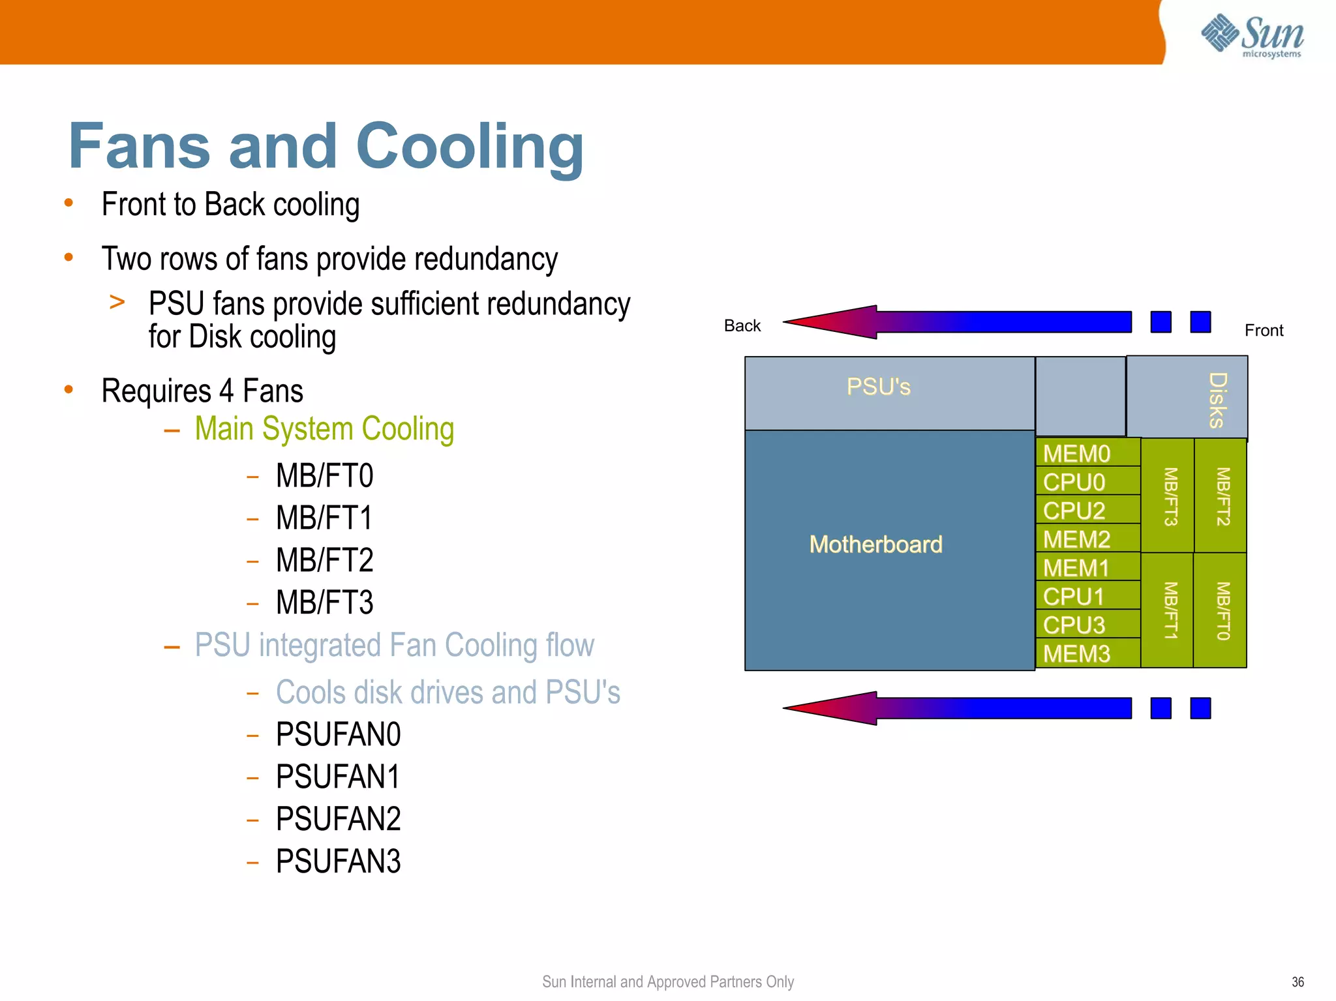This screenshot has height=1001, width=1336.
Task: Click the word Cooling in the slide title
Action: point(470,147)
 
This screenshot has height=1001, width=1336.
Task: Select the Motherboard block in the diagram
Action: point(876,544)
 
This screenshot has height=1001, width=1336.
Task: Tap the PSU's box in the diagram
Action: point(878,387)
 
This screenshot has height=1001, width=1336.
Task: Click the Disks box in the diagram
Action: point(1187,397)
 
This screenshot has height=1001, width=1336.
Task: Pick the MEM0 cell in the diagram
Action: point(1087,453)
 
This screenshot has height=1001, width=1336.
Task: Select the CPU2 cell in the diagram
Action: point(1087,511)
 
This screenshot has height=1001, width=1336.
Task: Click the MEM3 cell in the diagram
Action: point(1087,653)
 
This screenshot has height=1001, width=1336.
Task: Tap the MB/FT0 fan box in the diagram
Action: point(1221,610)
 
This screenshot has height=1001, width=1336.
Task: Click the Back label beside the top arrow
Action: point(742,325)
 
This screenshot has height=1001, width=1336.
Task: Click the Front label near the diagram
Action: point(1263,331)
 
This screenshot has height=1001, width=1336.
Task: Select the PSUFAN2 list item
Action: point(338,819)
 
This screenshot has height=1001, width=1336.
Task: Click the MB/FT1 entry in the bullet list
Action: point(324,518)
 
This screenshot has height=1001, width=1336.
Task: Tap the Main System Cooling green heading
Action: point(324,429)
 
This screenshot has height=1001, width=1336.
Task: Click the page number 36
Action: point(1297,981)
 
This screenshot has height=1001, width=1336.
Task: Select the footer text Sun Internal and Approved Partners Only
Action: point(667,981)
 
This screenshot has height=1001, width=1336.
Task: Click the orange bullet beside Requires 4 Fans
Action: point(68,390)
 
